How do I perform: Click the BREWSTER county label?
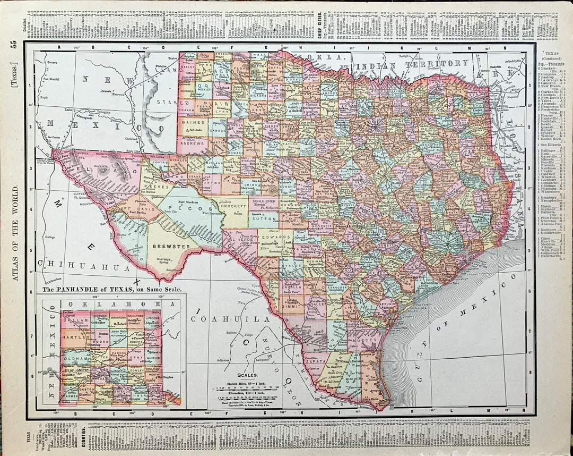pyautogui.click(x=171, y=247)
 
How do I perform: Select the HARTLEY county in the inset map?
pyautogui.click(x=74, y=337)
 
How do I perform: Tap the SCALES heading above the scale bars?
pyautogui.click(x=248, y=374)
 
